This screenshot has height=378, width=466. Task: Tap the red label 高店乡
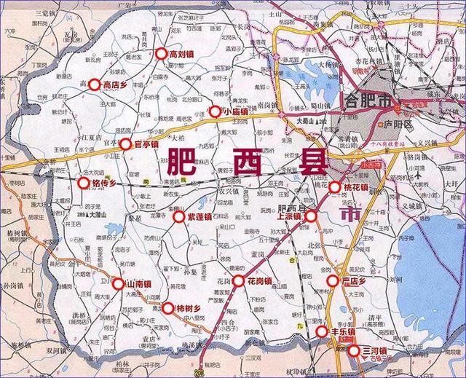point(116,85)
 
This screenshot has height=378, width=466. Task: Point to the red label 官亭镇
point(146,144)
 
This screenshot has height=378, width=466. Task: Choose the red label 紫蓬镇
point(200,216)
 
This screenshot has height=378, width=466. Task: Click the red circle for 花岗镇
point(238,280)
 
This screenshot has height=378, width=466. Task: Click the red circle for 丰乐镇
point(322,332)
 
